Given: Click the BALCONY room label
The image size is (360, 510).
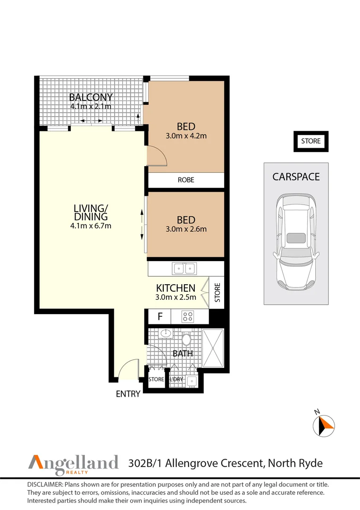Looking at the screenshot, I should click(91, 97).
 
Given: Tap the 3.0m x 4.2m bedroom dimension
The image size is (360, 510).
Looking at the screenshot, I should click(186, 136).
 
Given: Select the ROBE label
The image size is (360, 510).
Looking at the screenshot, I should click(186, 180).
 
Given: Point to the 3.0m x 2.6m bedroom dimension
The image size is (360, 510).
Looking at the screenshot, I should click(186, 229).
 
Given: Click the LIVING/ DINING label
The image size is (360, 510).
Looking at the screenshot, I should click(91, 212).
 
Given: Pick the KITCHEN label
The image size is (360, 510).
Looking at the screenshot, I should click(176, 288).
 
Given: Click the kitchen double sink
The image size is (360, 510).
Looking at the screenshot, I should click(184, 269).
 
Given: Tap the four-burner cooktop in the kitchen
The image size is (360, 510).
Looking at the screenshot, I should click(188, 316).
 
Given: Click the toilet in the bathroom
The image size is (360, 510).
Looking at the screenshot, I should click(186, 340).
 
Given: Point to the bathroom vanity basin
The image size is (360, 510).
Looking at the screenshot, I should click(166, 334).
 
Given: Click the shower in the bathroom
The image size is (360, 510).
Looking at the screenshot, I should click(214, 348).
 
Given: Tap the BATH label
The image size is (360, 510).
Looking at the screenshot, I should click(182, 353).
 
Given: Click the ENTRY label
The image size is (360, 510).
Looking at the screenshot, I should click(128, 394).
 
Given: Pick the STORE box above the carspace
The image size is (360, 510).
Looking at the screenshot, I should click(311, 141).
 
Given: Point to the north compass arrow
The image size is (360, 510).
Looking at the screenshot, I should click(324, 424).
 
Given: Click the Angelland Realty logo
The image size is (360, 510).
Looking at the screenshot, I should click(74, 463).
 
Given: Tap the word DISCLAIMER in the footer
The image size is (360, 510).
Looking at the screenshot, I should click(45, 485).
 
